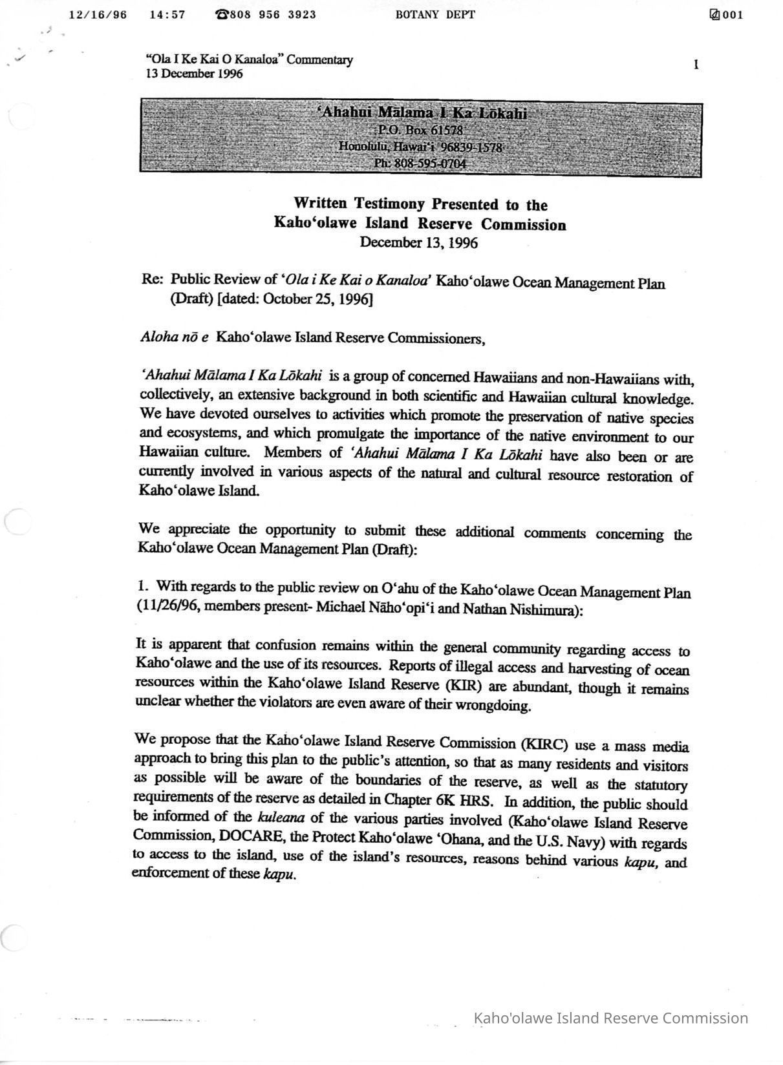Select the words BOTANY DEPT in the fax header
435,15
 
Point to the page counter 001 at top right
732,16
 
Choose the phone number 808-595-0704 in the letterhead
420,163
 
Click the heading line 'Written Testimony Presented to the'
420,204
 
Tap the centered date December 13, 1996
419,242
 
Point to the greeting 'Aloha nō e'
174,337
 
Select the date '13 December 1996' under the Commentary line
194,74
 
